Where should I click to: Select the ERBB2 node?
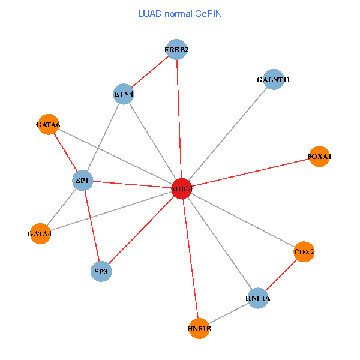(176, 50)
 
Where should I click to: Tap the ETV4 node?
(123, 94)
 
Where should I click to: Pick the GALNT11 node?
(273, 79)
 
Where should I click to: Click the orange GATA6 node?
(48, 125)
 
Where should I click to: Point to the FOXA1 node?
(319, 157)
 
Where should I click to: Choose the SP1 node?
(82, 180)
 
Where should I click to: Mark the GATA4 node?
(40, 233)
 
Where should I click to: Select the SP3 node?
(101, 271)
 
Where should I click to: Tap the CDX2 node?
(304, 252)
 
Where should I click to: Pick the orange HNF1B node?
(199, 328)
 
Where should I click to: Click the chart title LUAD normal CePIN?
(180, 13)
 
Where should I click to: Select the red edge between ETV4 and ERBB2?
(150, 72)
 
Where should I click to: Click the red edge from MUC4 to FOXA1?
(250, 173)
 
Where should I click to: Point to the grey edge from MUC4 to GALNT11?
(227, 134)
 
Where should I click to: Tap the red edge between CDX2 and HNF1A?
(281, 275)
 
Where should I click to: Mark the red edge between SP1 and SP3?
(92, 226)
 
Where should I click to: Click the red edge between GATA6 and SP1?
(65, 152)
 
